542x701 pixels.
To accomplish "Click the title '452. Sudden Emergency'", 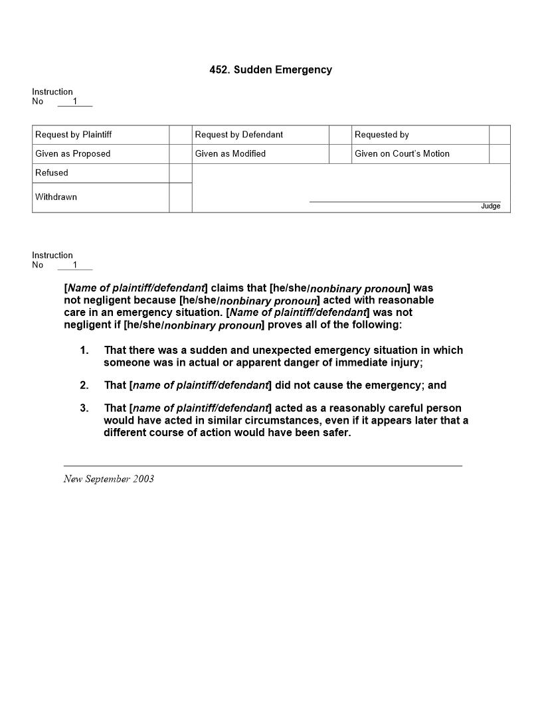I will coord(270,70).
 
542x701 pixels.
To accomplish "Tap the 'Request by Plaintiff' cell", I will coord(74,135).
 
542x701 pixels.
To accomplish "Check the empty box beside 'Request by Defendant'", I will coord(340,135).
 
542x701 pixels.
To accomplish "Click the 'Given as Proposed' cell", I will coord(73,154).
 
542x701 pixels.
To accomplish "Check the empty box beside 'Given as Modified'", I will coord(340,154).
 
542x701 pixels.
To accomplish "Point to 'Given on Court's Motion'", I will coord(402,154).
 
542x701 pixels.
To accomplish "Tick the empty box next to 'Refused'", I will coord(181,173).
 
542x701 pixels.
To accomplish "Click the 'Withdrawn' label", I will coord(56,197).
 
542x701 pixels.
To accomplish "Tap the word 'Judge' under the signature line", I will coord(490,206).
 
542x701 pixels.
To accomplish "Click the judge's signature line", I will coord(405,200).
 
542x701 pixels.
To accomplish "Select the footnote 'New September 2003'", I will coord(109,479).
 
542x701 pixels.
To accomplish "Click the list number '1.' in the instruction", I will coord(84,350).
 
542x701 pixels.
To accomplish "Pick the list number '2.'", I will coord(84,386).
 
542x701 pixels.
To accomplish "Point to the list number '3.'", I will coord(84,408).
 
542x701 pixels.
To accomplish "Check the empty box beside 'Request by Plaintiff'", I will coord(181,135).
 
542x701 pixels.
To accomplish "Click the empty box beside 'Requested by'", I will coord(499,135).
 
